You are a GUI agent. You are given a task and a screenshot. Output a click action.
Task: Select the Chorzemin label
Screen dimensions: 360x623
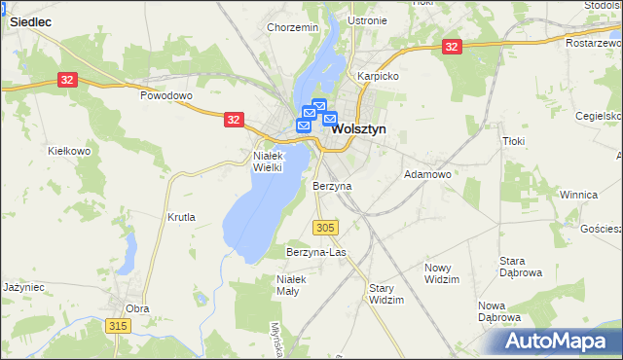pos(293,27)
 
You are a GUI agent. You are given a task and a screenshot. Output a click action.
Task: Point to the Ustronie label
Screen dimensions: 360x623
pos(367,20)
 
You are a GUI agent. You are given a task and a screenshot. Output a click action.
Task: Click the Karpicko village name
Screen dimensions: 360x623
pos(378,75)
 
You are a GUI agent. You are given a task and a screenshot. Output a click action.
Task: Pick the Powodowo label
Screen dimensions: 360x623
pos(167,96)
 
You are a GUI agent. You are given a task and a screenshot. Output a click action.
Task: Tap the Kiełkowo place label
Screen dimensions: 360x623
pos(69,151)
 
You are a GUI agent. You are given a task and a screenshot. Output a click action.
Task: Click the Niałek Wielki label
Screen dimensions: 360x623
pos(268,161)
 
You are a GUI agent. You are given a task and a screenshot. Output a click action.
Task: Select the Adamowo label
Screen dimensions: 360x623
pos(427,174)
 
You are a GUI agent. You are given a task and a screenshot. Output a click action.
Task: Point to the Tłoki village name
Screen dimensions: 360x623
pos(514,141)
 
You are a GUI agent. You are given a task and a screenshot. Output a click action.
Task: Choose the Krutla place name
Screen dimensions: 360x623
pos(182,217)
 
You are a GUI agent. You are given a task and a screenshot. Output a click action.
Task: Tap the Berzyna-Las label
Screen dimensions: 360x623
pos(316,252)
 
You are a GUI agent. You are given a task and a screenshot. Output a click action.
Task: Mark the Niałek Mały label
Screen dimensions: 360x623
pos(292,285)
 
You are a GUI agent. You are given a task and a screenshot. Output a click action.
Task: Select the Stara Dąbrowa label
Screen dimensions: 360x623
pos(520,267)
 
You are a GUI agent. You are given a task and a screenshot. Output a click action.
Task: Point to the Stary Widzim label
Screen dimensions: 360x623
pos(386,294)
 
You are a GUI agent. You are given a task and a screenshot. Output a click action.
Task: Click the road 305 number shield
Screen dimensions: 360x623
pos(326,227)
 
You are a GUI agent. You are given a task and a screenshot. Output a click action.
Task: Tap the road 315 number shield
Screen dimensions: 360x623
pos(118,326)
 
